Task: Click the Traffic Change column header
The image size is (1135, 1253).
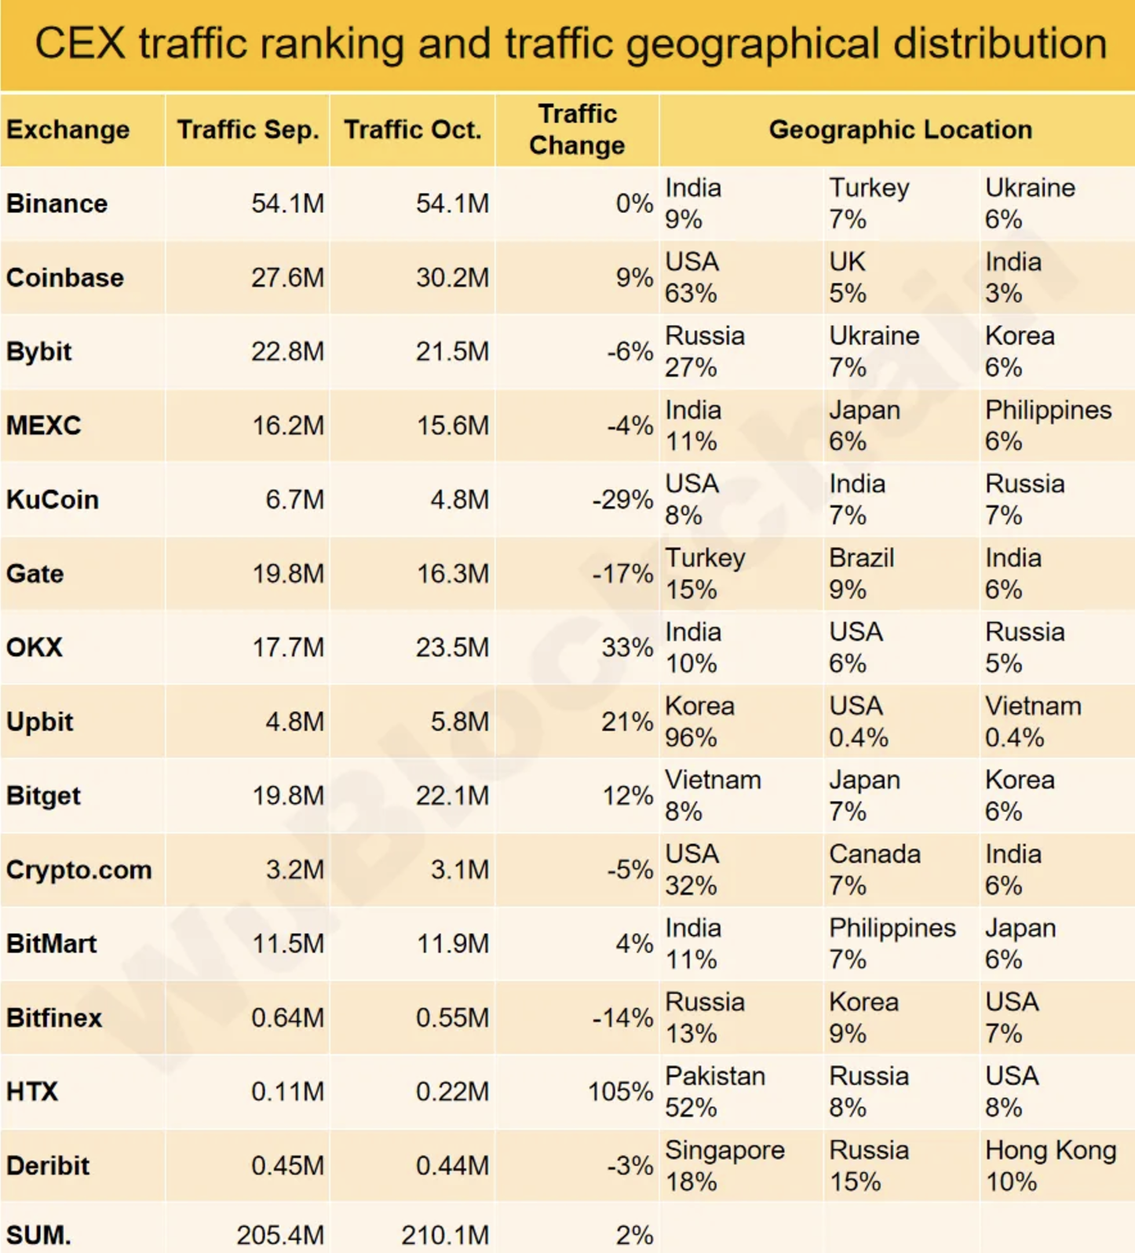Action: [577, 130]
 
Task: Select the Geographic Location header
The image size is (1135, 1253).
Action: [900, 130]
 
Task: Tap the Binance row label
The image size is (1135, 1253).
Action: [57, 203]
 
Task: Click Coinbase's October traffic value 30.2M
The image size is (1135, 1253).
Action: [452, 278]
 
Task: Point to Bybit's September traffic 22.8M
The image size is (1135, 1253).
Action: [287, 352]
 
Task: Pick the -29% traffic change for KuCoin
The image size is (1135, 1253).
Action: [622, 499]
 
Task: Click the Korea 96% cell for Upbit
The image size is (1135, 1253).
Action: [699, 721]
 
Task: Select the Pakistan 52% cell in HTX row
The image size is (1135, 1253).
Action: [714, 1091]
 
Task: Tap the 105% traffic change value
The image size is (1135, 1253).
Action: [620, 1091]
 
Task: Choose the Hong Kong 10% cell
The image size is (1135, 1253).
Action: [1050, 1166]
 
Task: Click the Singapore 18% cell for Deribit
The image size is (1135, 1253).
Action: [724, 1166]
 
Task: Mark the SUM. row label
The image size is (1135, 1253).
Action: [38, 1235]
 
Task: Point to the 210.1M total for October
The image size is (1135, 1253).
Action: [445, 1235]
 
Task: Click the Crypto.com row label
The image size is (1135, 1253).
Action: [78, 870]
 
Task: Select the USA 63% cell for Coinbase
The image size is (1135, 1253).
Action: [692, 278]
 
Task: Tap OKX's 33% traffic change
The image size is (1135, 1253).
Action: [627, 648]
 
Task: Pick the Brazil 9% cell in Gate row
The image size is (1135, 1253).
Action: [861, 574]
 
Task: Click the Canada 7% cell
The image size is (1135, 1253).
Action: [874, 870]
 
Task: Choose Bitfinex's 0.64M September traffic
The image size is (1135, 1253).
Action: [287, 1018]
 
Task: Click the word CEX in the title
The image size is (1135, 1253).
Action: [80, 43]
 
